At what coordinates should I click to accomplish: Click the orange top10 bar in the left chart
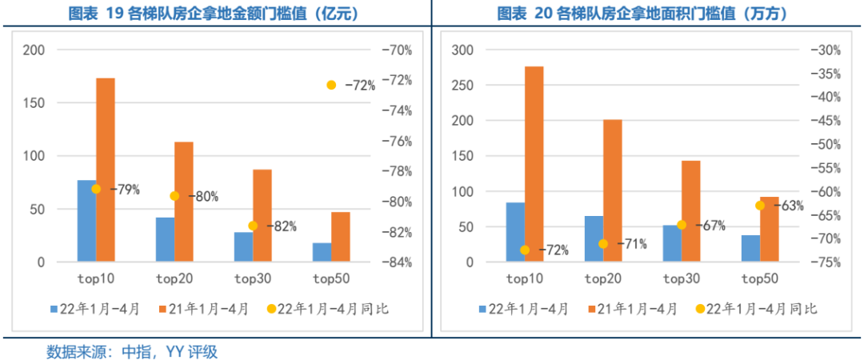click(106, 170)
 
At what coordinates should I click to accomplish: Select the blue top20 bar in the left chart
click(165, 240)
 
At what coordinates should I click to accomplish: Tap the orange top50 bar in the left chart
click(341, 237)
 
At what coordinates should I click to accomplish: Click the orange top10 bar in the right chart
click(534, 164)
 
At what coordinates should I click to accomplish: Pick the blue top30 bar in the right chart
click(672, 243)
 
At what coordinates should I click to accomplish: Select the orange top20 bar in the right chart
click(613, 191)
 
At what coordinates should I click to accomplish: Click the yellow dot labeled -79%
click(96, 190)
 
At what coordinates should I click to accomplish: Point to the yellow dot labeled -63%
click(760, 206)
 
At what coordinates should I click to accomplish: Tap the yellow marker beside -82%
click(253, 226)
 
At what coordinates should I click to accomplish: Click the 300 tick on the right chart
click(463, 50)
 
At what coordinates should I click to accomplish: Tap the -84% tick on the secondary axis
click(397, 262)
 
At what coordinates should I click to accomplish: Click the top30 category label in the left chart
click(253, 278)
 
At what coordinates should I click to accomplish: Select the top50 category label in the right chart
click(760, 278)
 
